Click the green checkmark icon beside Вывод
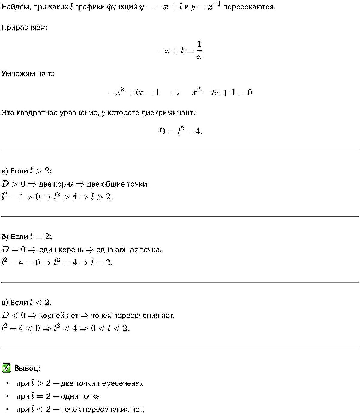6,368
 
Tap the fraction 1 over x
199,50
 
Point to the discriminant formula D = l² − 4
180,131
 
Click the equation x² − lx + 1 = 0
222,92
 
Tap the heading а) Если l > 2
27,171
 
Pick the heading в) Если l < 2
27,302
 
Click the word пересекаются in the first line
249,7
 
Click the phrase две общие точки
118,184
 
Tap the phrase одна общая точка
129,250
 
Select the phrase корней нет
58,316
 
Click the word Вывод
27,368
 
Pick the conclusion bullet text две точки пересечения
102,383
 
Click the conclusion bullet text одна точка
80,396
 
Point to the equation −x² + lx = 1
134,92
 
